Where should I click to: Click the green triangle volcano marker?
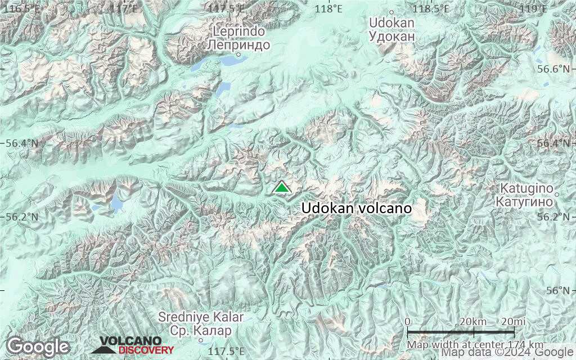281,187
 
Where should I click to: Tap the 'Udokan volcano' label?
357,208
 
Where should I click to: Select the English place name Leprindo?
238,31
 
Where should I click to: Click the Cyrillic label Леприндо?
238,44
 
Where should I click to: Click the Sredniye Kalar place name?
201,318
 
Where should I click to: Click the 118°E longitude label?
329,8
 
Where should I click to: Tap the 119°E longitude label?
533,8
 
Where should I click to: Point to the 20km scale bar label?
473,321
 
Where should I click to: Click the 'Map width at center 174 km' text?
475,344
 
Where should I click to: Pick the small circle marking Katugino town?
556,195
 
